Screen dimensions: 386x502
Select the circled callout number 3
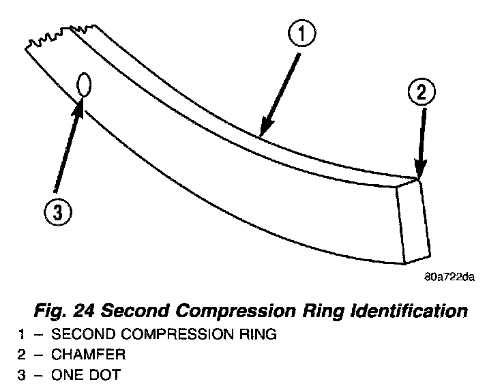[x=57, y=213]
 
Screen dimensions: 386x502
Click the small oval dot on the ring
[x=85, y=86]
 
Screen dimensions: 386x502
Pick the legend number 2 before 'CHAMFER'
[x=20, y=355]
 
